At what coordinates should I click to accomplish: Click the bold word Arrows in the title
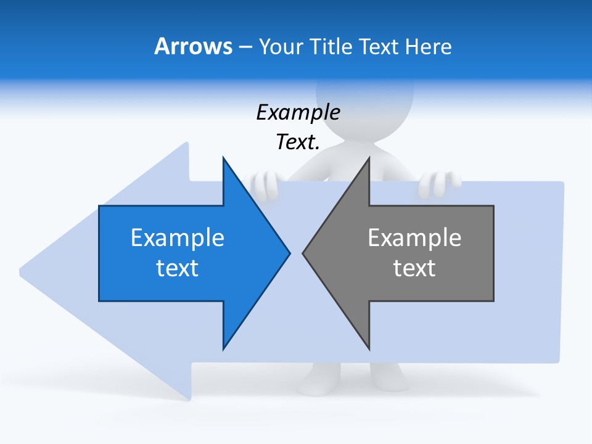coord(193,46)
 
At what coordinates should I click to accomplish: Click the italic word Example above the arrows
coord(298,112)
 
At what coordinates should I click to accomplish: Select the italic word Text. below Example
coord(298,142)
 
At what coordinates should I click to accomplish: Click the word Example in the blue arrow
coord(178,237)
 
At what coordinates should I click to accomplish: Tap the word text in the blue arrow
coord(178,268)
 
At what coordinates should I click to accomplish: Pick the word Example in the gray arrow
coord(414,237)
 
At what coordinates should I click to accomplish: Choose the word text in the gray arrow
coord(414,268)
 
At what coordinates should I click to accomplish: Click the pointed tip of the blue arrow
coord(289,253)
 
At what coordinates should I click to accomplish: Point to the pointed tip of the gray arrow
coord(303,253)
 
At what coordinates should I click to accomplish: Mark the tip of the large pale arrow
coord(22,270)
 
